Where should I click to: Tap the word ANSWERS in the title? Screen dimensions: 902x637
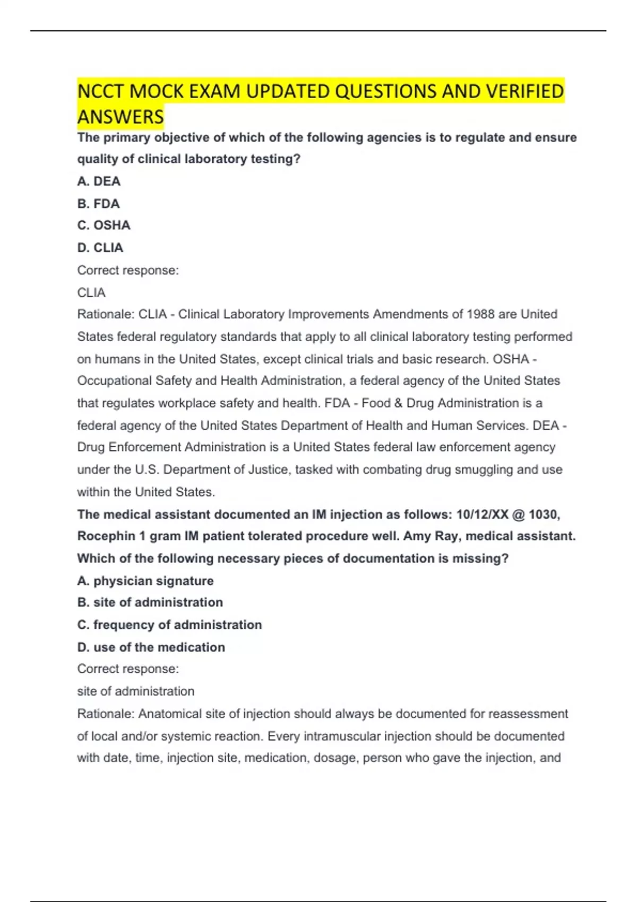[x=120, y=117]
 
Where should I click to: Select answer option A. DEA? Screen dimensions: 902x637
[x=99, y=181]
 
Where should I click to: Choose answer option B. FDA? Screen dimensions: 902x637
[x=99, y=204]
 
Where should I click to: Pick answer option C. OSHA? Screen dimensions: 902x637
[x=104, y=226]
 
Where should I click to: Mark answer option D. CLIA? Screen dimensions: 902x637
[x=100, y=248]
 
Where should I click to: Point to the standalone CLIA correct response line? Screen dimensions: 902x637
[x=91, y=292]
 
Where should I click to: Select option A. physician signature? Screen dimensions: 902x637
[x=145, y=581]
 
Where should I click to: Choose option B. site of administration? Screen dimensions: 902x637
[x=150, y=603]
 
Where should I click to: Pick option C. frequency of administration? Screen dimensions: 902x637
[x=170, y=625]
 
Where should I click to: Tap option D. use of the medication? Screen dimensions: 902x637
[x=151, y=647]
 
